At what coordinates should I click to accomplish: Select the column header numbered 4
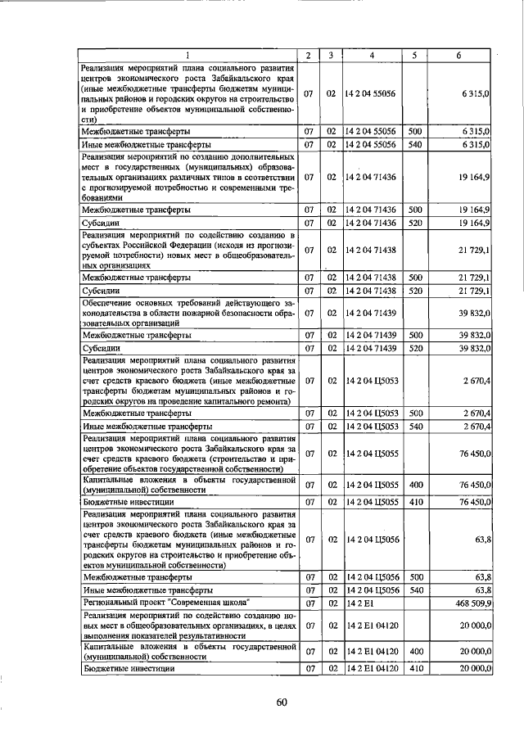click(x=372, y=55)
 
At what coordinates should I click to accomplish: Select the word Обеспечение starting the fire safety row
click(x=112, y=303)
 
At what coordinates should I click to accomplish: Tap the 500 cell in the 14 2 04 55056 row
click(x=415, y=131)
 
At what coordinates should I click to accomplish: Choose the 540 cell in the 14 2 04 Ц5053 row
click(x=415, y=426)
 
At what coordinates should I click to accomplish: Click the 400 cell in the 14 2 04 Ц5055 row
click(x=415, y=483)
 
